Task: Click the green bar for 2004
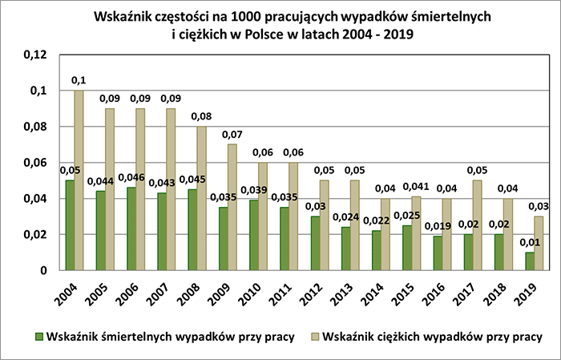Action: click(x=70, y=225)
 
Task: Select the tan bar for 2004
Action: click(x=79, y=180)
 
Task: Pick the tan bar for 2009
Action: click(x=232, y=207)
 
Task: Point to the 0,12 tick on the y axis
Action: click(x=37, y=55)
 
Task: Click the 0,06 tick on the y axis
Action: click(x=37, y=163)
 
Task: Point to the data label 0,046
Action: click(x=130, y=178)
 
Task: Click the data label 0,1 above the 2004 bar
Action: click(x=79, y=80)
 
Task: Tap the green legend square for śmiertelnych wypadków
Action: click(x=38, y=334)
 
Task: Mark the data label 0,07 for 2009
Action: click(x=232, y=134)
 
